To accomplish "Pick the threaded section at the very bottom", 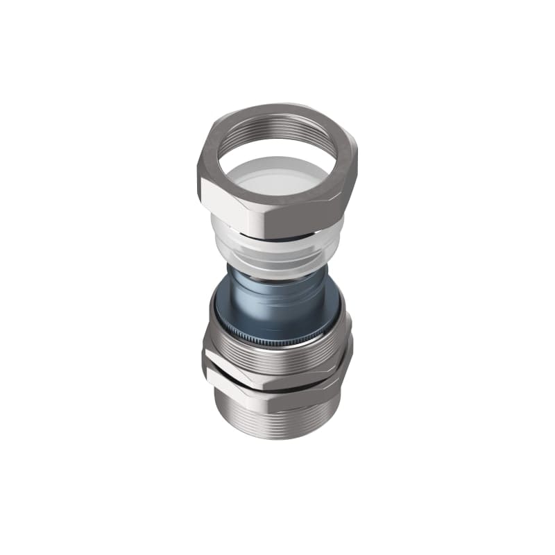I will (277, 423).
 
